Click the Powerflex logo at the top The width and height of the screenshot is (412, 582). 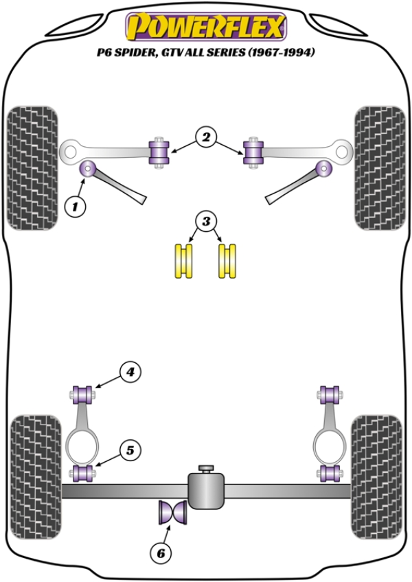205,28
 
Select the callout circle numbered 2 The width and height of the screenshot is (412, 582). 205,137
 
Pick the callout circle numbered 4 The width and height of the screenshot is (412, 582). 128,372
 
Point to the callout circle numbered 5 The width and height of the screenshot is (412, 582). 128,450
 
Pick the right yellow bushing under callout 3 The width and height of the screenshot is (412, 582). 227,261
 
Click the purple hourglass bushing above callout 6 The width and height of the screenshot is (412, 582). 172,513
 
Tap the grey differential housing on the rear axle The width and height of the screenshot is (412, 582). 207,489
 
